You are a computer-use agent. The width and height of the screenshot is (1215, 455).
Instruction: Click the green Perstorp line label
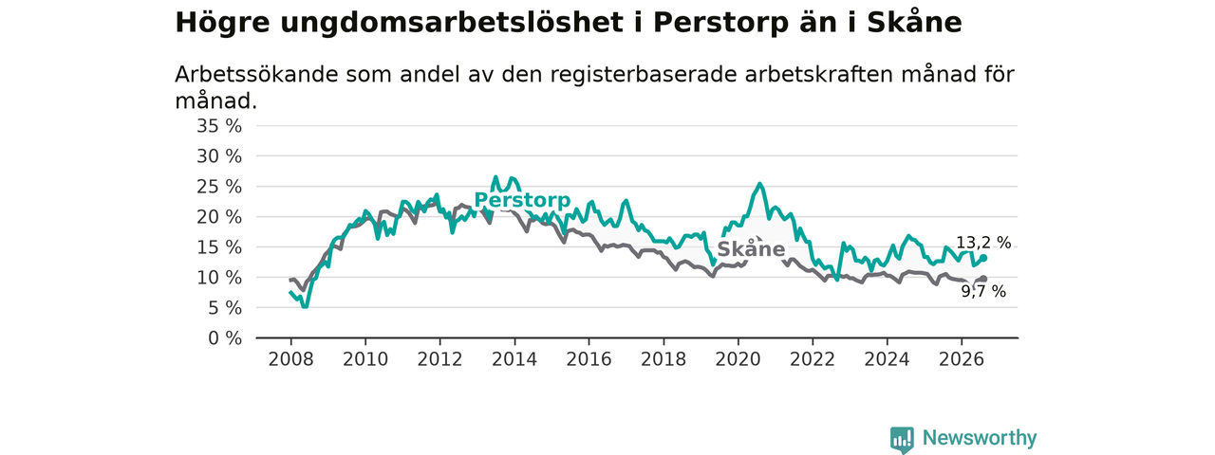point(522,200)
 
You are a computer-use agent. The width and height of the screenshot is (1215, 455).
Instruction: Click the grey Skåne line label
point(751,249)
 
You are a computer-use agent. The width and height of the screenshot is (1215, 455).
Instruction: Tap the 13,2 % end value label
point(983,243)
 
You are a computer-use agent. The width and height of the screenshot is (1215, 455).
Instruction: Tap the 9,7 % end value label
point(983,292)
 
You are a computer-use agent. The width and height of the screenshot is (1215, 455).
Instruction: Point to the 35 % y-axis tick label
point(219,126)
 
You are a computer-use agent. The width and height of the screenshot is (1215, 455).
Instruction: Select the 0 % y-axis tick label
point(225,338)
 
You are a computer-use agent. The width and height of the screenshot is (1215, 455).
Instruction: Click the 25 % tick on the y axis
point(219,187)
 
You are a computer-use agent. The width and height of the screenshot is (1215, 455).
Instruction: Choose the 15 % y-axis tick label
point(219,247)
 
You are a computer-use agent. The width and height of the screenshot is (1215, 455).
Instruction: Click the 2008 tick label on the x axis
point(290,359)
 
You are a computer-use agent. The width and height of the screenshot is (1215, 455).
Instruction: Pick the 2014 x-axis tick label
point(514,359)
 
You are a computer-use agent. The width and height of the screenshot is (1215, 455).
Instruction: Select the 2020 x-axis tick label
point(738,359)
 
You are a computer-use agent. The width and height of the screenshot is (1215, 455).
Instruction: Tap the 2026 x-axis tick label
point(962,359)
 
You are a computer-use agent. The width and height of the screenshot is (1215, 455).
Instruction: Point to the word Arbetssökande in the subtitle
point(256,75)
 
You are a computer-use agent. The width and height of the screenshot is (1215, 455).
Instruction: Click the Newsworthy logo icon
point(902,439)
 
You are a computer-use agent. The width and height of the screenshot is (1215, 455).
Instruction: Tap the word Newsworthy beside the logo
point(980,438)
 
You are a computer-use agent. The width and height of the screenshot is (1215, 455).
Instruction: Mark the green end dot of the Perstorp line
point(983,258)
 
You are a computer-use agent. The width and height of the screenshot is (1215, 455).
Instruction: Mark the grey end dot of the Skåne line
point(984,279)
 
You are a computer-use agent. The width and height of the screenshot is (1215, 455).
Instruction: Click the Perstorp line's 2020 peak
point(760,184)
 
